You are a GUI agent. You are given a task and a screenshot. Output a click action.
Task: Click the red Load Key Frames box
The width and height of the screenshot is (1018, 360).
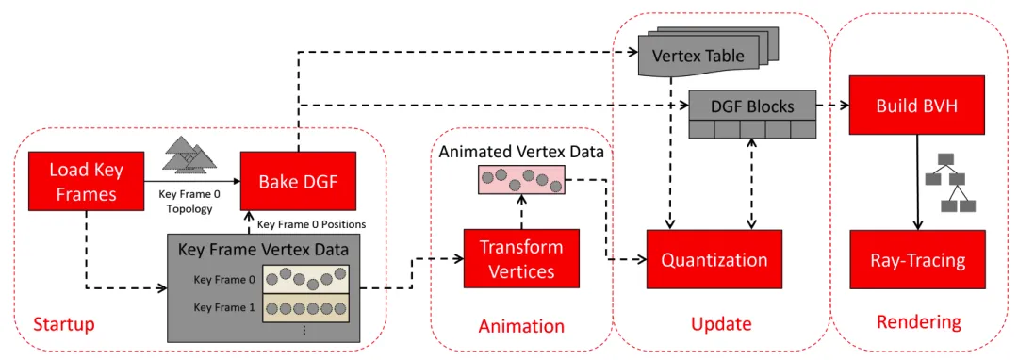[87, 181]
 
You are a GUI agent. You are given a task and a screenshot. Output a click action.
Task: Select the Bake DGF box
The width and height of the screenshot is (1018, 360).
[298, 181]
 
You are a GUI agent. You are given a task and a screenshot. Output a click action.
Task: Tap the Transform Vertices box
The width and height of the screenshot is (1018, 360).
[520, 258]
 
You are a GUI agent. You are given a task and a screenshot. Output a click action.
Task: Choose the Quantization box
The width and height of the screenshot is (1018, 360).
[714, 259]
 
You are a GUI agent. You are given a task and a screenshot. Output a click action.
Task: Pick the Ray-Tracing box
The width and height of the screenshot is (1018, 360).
[917, 261]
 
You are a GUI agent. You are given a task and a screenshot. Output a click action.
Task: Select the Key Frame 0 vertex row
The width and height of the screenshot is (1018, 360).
[305, 279]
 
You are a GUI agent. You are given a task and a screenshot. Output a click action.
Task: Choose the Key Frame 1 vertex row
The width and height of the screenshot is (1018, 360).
[305, 308]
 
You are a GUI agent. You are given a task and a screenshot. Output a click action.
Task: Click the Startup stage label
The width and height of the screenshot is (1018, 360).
[64, 323]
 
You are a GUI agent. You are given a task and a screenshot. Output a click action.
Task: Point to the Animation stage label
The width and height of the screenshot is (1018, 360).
[521, 325]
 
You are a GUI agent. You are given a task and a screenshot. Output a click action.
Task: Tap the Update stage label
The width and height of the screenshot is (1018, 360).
[721, 323]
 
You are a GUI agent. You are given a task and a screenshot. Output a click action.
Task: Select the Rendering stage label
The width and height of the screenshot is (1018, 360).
[919, 321]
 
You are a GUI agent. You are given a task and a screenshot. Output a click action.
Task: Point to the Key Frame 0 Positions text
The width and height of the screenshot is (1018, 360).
[312, 224]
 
